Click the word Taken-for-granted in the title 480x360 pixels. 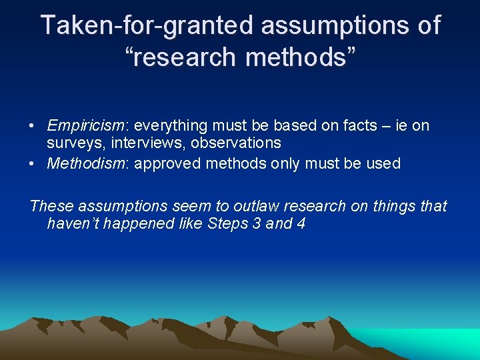coord(147,26)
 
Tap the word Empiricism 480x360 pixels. coord(84,125)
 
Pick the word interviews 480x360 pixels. coord(145,143)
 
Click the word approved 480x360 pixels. coord(169,164)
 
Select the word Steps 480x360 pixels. coord(227,223)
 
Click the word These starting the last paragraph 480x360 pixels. coord(51,206)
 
